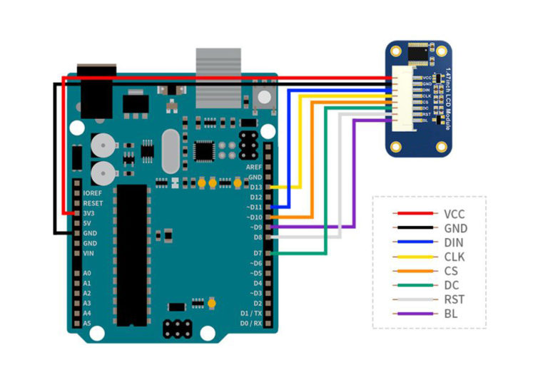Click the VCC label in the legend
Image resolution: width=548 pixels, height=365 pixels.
point(454,213)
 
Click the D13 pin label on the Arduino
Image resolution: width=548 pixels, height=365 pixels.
point(254,187)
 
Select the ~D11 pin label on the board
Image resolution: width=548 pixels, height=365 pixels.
point(253,207)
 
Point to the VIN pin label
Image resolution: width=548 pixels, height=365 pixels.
point(89,253)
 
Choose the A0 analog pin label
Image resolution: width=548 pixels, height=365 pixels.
point(87,273)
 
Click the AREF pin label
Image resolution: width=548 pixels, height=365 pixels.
point(253,167)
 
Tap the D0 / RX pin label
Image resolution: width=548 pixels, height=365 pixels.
point(250,323)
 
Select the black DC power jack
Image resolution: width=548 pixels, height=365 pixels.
point(91,93)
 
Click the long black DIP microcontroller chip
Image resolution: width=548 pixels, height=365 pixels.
point(133,250)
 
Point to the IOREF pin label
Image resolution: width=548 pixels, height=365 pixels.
point(93,193)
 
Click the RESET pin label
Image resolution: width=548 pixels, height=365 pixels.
point(93,203)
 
